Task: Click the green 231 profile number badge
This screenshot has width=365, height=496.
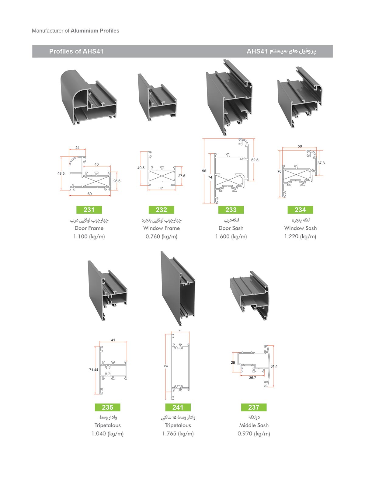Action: click(x=89, y=210)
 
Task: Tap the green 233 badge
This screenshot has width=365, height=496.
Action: click(x=231, y=210)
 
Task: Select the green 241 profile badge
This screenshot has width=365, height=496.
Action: click(x=178, y=407)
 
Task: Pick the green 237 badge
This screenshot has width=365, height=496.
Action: click(x=254, y=407)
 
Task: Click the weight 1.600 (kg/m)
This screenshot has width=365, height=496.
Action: click(x=231, y=236)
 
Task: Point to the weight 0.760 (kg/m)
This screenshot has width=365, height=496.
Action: click(x=161, y=236)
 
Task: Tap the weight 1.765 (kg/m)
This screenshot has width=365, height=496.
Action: click(x=178, y=434)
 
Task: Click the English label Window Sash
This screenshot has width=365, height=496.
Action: click(x=300, y=228)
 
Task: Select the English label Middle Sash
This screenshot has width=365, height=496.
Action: click(x=254, y=425)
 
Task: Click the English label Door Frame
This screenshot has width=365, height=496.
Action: click(x=89, y=228)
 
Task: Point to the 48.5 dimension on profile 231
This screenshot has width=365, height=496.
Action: click(x=61, y=173)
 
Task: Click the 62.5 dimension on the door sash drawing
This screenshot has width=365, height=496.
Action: click(x=255, y=160)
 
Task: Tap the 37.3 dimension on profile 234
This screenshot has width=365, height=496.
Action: click(x=321, y=163)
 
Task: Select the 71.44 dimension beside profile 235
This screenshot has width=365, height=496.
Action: click(x=94, y=370)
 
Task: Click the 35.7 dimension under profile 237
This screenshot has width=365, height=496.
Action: click(x=252, y=378)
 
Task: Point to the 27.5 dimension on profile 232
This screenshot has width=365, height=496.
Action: click(x=182, y=176)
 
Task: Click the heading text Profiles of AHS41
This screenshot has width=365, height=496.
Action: click(x=76, y=51)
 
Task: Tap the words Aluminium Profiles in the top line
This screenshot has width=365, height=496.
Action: click(x=95, y=31)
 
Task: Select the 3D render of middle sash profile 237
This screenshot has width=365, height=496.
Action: click(x=249, y=295)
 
